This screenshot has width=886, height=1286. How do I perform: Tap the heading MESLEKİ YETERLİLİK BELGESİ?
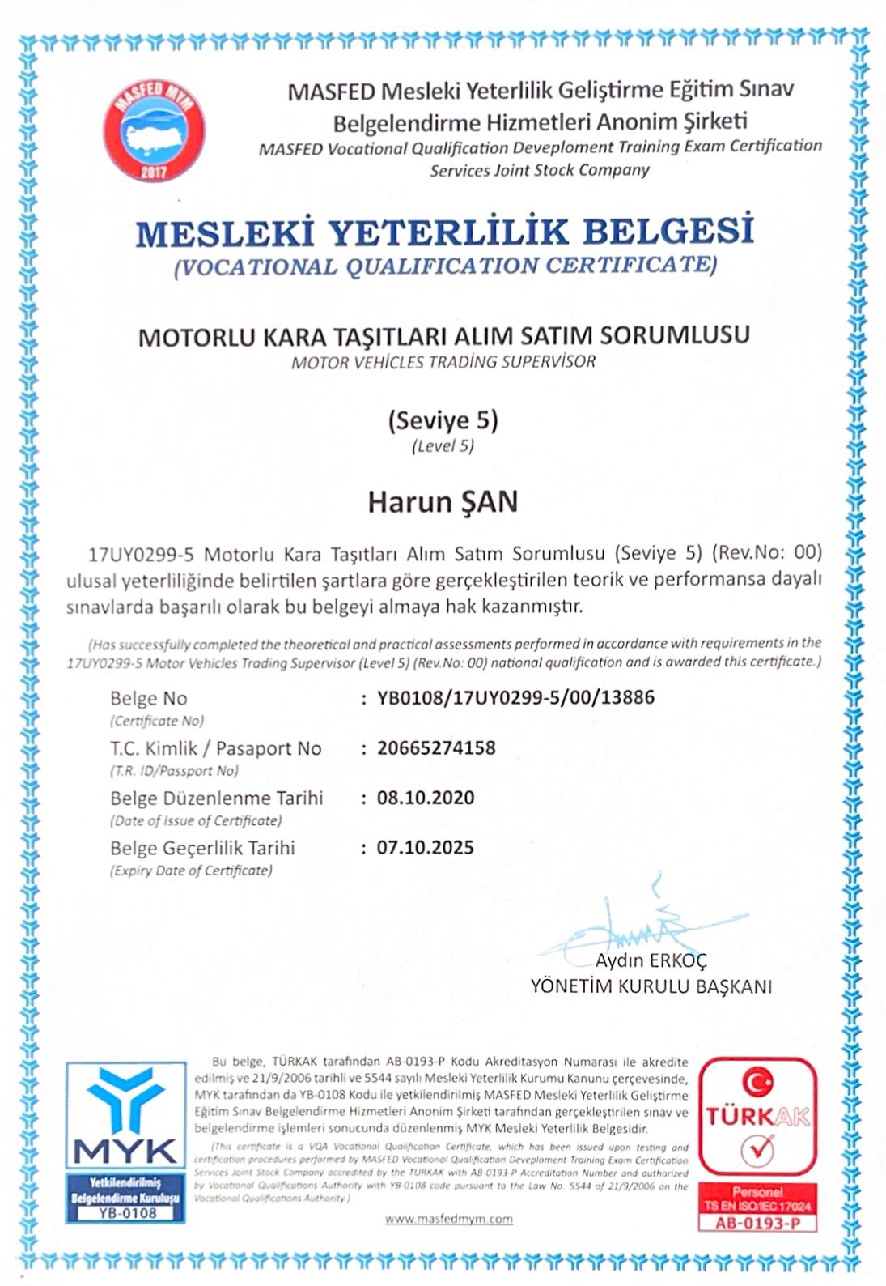pos(444,232)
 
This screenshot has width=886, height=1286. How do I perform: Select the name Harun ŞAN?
pos(443,502)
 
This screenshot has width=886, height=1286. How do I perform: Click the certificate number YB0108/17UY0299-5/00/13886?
pos(515,697)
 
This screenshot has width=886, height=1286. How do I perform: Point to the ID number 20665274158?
pos(436,747)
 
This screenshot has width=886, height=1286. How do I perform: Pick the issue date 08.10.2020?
pos(426,798)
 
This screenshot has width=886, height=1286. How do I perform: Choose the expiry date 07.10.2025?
pos(426,848)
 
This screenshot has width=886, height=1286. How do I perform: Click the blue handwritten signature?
pos(639,931)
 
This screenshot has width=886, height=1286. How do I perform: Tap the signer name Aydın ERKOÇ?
pos(651,961)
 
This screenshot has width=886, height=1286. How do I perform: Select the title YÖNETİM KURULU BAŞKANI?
pos(651,986)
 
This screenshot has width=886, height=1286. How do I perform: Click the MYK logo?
pos(125,1116)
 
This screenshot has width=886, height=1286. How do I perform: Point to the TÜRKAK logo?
pos(758,1117)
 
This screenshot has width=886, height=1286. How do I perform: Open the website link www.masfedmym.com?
pos(448,1219)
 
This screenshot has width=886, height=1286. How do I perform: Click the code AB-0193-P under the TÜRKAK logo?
pos(757,1223)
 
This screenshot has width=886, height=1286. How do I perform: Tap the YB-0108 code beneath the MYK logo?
pos(125,1213)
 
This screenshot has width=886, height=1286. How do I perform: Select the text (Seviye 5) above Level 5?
pos(443,420)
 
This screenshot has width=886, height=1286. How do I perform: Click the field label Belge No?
pos(149,698)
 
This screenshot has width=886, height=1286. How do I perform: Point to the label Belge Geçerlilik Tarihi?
pos(202,848)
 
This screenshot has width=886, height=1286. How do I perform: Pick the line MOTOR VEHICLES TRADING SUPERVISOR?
pos(443,362)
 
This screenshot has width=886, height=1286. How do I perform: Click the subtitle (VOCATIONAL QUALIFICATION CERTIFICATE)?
pos(445,266)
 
